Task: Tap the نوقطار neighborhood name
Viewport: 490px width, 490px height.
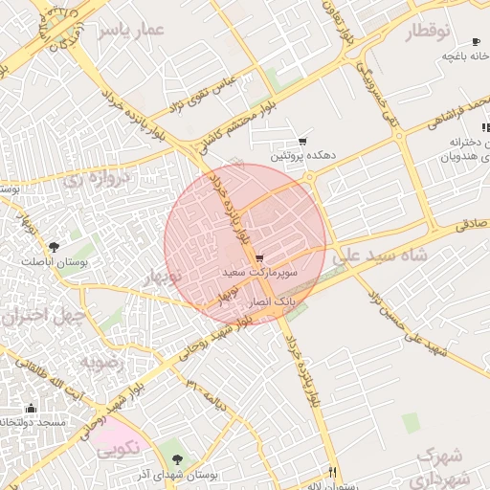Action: (428, 32)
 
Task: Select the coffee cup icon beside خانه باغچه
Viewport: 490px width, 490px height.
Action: (476, 41)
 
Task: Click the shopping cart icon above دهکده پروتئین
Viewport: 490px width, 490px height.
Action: (302, 141)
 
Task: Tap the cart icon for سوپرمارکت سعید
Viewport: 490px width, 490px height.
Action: (259, 258)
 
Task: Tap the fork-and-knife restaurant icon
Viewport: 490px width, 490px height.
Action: (332, 471)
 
